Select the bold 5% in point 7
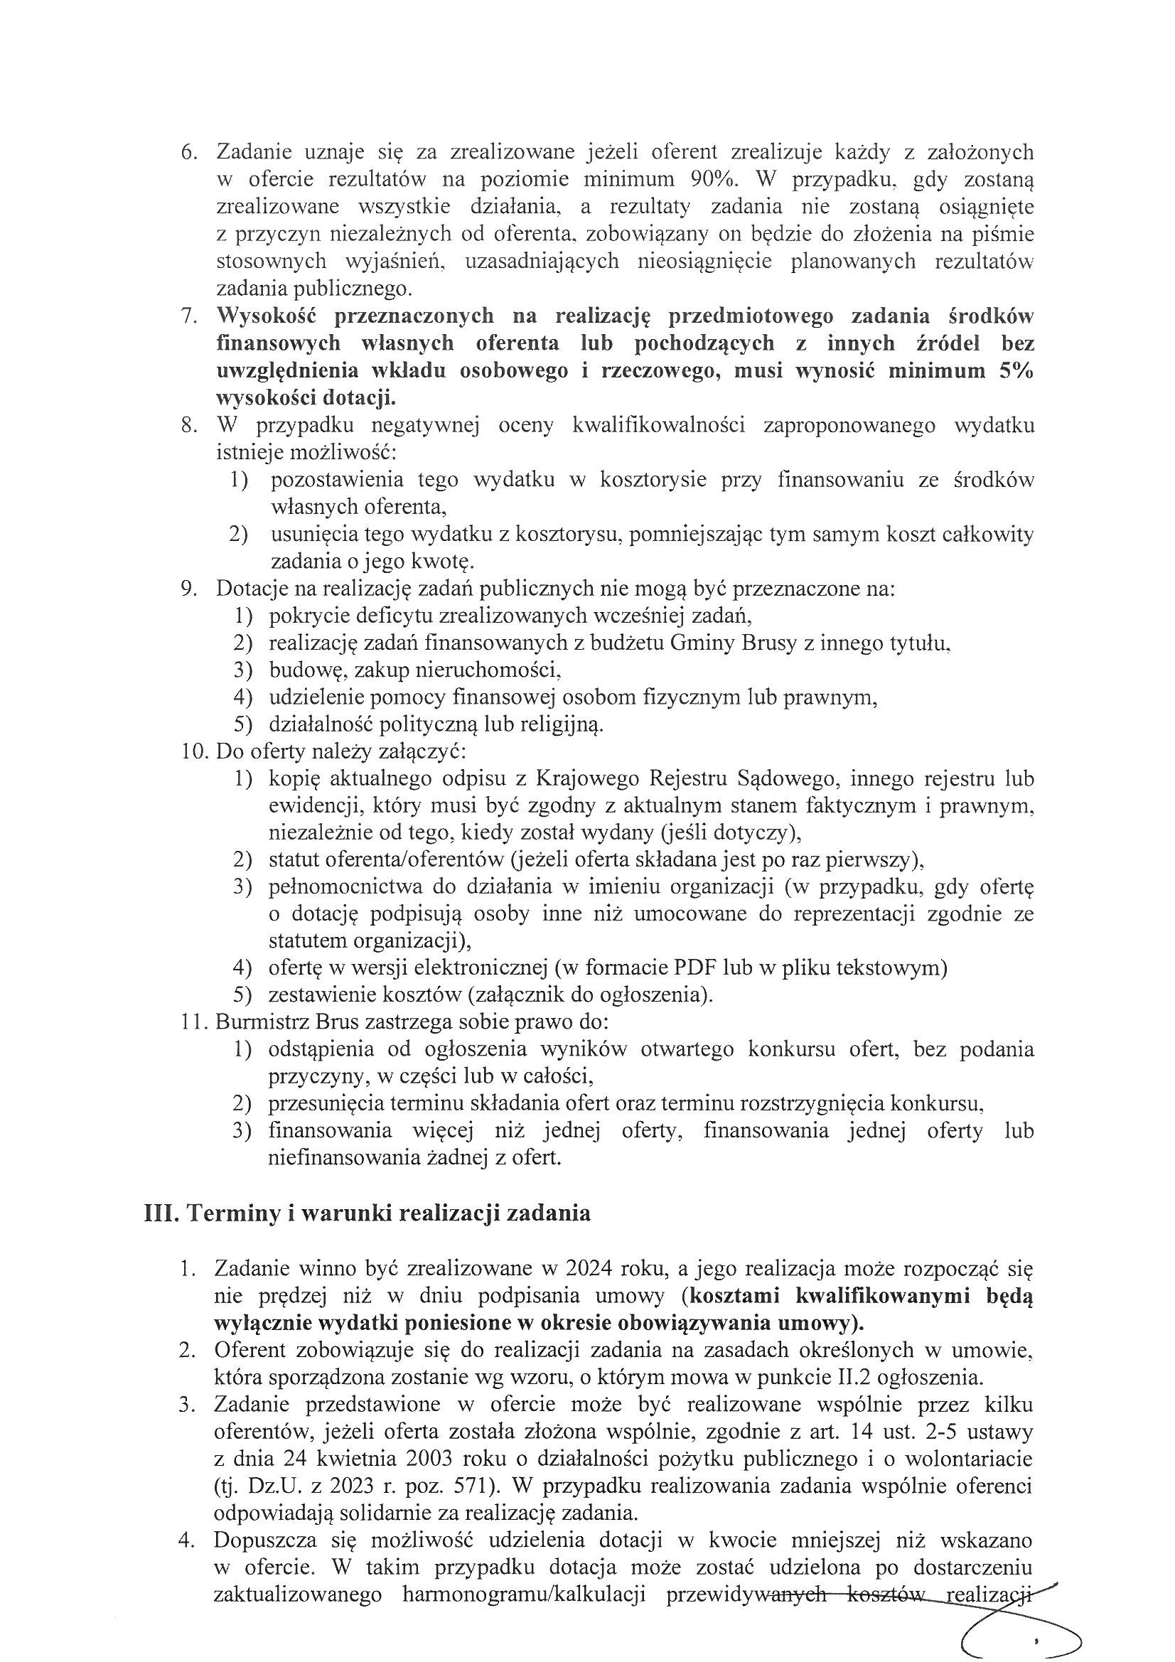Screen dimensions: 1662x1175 tap(1012, 370)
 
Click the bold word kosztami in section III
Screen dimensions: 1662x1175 tap(736, 1296)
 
